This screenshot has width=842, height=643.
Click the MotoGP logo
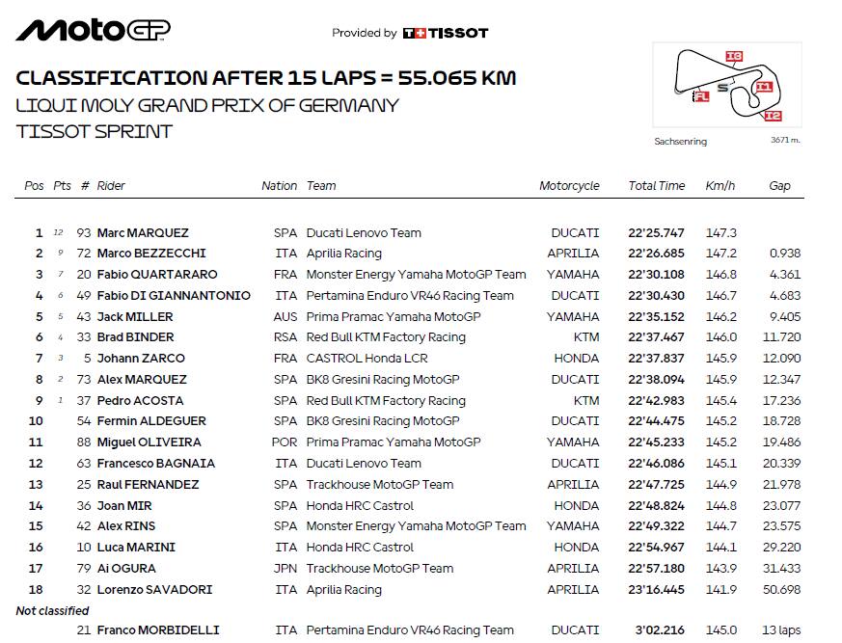(x=94, y=31)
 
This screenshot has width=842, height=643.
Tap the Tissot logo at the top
(x=445, y=33)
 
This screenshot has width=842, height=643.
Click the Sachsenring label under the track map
(x=680, y=142)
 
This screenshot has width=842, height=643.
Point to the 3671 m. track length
(x=785, y=141)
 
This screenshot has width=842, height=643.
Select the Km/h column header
(x=719, y=186)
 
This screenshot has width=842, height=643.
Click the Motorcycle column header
(x=569, y=186)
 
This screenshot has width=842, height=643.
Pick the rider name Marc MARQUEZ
(x=143, y=232)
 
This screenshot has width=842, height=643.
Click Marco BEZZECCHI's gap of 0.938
(x=785, y=254)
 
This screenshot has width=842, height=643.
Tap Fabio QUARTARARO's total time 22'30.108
(x=656, y=275)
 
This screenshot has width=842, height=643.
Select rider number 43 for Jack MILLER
(x=84, y=316)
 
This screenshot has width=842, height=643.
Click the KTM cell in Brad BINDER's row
(x=585, y=337)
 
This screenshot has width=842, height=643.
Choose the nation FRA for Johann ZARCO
(x=285, y=359)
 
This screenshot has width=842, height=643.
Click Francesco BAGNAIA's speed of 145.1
(x=721, y=464)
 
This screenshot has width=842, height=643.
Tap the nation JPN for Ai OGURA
(x=285, y=569)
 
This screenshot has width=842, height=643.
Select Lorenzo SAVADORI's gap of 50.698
(x=781, y=590)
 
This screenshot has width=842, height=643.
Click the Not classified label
(x=52, y=610)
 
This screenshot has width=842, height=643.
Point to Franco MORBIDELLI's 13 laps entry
(x=780, y=630)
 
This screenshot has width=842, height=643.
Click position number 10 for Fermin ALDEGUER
(x=36, y=421)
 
